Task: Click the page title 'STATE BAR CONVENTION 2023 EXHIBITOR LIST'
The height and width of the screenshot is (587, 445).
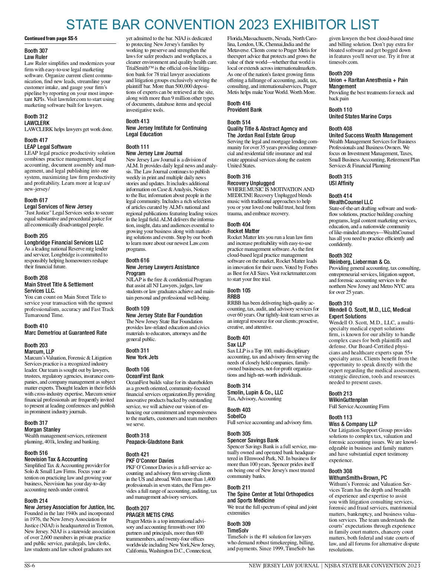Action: (222, 24)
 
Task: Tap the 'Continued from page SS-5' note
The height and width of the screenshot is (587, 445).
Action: (51, 38)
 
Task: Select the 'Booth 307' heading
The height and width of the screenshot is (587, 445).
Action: (36, 51)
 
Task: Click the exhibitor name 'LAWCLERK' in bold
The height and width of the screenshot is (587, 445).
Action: (37, 123)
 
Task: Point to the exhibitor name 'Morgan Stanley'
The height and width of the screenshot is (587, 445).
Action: (42, 429)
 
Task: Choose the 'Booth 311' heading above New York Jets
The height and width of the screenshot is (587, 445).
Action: (138, 351)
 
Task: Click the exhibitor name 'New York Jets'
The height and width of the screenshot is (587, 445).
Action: (142, 357)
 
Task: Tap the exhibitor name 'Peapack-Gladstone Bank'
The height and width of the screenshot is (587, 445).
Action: (155, 442)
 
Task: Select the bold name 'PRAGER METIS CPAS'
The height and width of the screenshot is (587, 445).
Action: (150, 515)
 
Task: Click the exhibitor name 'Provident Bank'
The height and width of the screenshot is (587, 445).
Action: (244, 110)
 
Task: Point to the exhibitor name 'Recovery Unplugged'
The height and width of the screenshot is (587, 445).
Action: (251, 183)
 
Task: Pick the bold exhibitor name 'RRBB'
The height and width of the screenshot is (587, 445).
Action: (234, 297)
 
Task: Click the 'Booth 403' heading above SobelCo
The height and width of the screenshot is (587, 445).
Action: (239, 410)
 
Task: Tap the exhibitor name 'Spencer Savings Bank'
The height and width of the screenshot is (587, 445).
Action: (253, 440)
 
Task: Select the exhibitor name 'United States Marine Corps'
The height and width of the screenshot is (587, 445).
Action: (360, 117)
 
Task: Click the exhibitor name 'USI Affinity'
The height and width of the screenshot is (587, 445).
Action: (341, 183)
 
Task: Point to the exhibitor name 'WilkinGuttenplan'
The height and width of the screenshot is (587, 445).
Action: (348, 400)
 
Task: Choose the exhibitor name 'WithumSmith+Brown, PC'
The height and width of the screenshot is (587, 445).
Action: (357, 478)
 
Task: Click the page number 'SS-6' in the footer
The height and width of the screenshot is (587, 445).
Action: (30, 566)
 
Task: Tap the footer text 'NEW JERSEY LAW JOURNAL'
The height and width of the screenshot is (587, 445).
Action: (284, 566)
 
